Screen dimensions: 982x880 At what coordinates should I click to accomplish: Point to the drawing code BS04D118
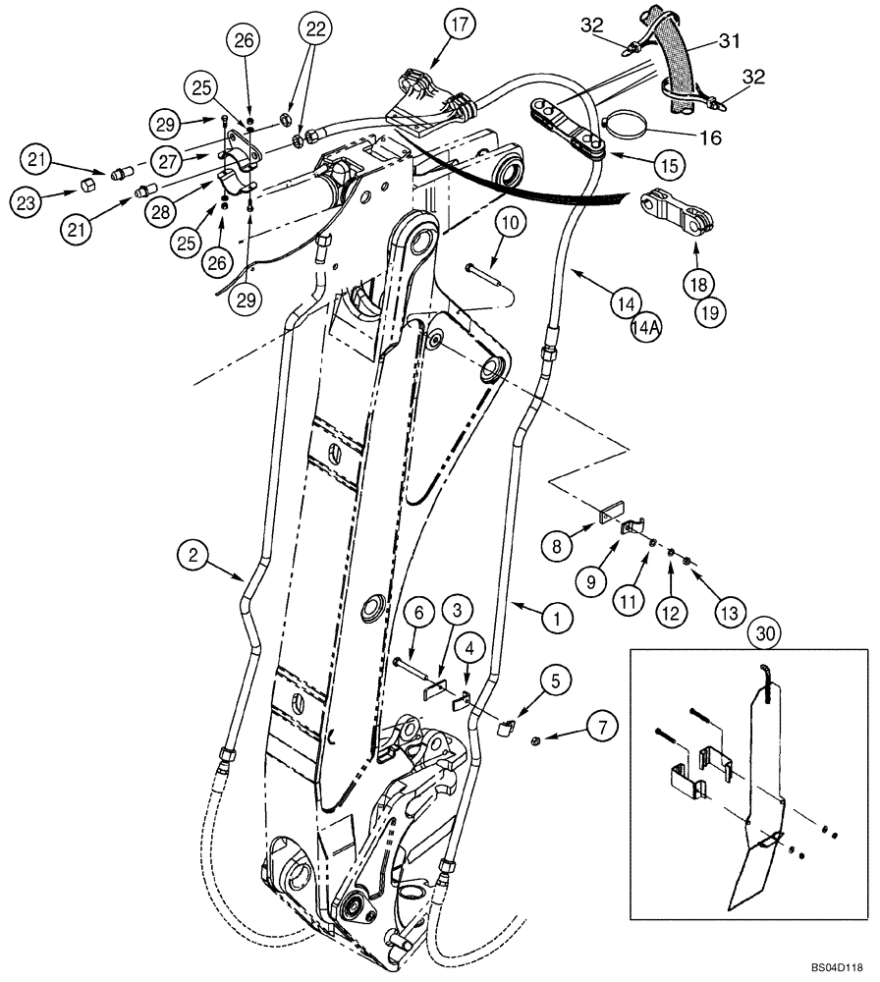(x=837, y=965)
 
